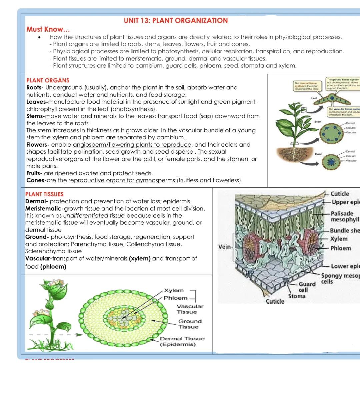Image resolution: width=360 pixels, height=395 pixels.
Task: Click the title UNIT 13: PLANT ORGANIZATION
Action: [x=176, y=21]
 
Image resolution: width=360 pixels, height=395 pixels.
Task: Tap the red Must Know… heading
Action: [x=48, y=29]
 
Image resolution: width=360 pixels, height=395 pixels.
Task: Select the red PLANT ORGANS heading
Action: [x=48, y=80]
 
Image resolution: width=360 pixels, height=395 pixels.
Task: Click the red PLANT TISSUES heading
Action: [x=44, y=194]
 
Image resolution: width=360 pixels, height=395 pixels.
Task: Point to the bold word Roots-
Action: [x=35, y=87]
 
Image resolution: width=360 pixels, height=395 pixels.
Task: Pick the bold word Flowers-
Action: [x=38, y=145]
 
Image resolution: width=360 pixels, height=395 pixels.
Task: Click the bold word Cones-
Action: [x=36, y=180]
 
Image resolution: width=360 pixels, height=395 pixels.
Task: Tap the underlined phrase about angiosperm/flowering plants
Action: [x=132, y=145]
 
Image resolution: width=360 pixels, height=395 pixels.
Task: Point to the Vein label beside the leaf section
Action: [x=224, y=247]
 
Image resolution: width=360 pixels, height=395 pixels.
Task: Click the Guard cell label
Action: [x=307, y=287]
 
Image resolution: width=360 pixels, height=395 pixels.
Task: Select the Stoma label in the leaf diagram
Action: [x=297, y=296]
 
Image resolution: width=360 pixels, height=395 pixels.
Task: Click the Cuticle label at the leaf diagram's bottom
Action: [x=275, y=301]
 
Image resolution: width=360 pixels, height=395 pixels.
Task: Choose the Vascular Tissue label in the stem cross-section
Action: [x=190, y=309]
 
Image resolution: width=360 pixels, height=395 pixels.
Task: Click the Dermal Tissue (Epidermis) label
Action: [x=182, y=341]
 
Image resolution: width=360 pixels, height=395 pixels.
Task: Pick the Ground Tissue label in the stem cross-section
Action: [x=190, y=324]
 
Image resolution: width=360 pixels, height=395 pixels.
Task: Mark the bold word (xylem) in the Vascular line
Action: [x=140, y=258]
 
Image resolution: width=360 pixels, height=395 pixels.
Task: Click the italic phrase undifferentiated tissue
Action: [x=94, y=216]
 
